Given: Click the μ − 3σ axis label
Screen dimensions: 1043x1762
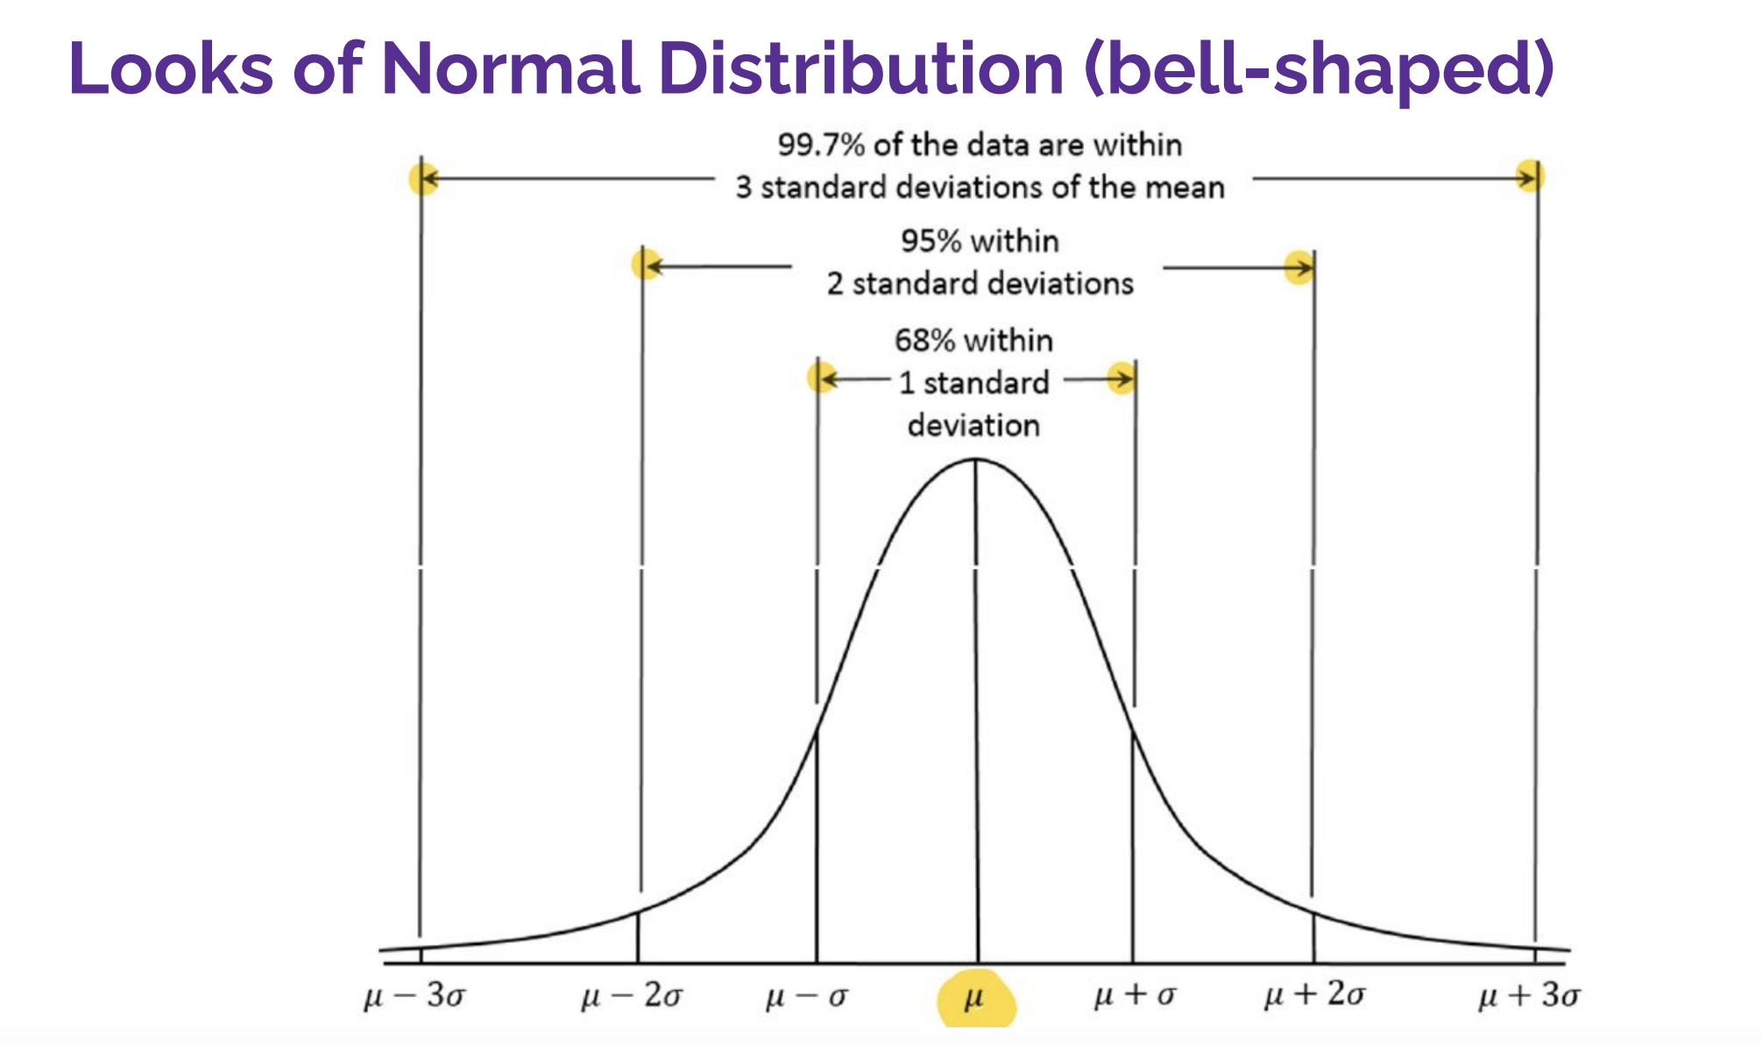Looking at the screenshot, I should coord(414,997).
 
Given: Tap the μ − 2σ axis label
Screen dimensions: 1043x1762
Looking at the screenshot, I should coord(632,997).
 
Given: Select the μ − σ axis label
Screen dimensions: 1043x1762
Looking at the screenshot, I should coord(807,997).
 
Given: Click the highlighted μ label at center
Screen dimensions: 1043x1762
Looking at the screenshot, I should coord(974,998).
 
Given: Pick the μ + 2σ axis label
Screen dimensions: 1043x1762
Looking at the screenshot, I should coord(1314,995).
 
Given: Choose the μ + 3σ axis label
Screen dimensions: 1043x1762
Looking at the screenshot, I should coord(1529,996).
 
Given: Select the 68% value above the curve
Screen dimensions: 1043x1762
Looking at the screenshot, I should coord(924,340).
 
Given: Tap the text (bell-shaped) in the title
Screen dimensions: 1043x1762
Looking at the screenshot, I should coord(1319,70).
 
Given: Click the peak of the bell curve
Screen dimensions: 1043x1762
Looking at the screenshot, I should coord(975,460).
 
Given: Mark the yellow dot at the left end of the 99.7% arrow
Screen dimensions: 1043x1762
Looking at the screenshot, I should coord(422,179).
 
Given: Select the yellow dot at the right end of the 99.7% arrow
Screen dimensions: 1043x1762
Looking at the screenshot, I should coord(1530,176).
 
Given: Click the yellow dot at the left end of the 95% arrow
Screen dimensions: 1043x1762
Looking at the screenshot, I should coord(647,264).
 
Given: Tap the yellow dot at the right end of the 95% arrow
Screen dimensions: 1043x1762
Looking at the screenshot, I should coord(1299,267).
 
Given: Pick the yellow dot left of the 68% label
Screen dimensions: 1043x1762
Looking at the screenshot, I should coord(821,379).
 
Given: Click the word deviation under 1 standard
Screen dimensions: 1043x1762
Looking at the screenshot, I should coord(973,426).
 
